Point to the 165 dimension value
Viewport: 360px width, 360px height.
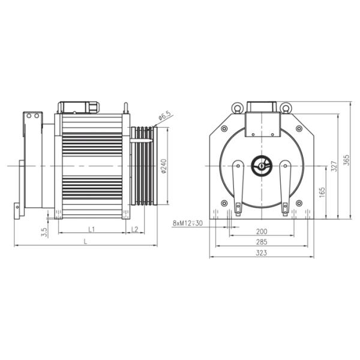coord(322,192)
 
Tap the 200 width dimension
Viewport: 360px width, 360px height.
coord(262,231)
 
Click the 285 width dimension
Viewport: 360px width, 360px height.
coord(262,242)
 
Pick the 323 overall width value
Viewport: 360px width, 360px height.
coord(262,254)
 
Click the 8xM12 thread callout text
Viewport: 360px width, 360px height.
coord(187,223)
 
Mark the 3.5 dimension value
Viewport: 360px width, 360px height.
coord(44,232)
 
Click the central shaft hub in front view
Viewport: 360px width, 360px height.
coord(262,165)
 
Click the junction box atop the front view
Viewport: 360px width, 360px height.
coord(262,108)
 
